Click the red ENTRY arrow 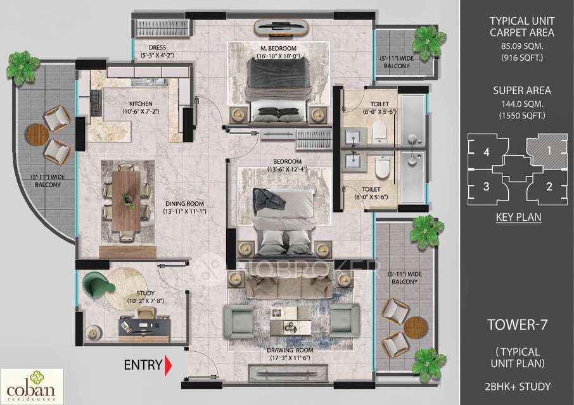tap(169, 366)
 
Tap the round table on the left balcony tap(37, 134)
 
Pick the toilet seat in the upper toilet tap(379, 130)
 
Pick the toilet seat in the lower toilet tap(382, 168)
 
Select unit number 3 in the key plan tap(486, 186)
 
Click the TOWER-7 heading tap(516, 325)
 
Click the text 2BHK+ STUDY tap(516, 386)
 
